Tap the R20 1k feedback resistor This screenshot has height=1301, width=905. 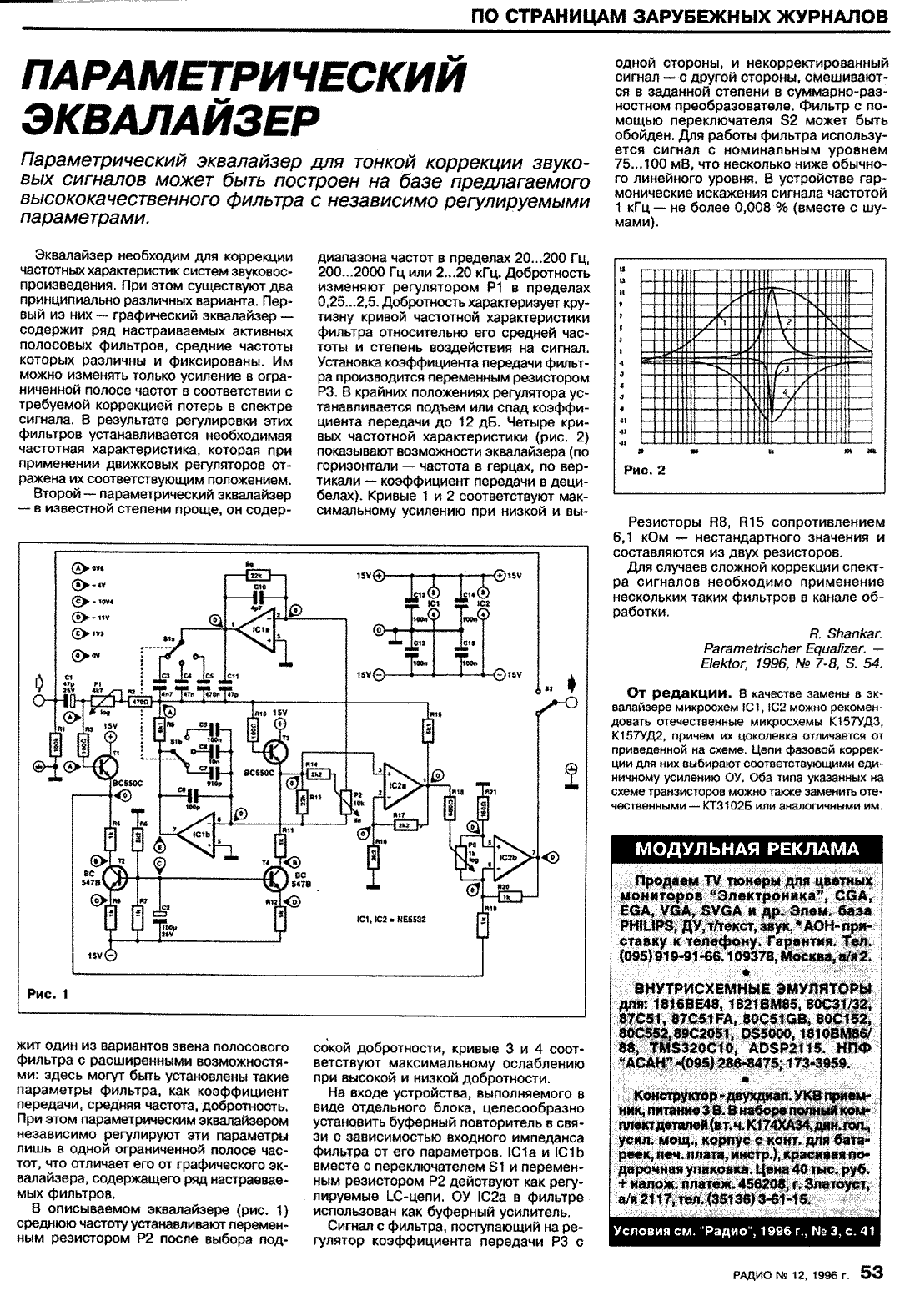[505, 895]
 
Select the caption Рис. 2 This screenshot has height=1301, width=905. [645, 470]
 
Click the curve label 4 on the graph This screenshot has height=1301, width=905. [785, 391]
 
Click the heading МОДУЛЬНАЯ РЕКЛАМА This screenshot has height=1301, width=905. [747, 850]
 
